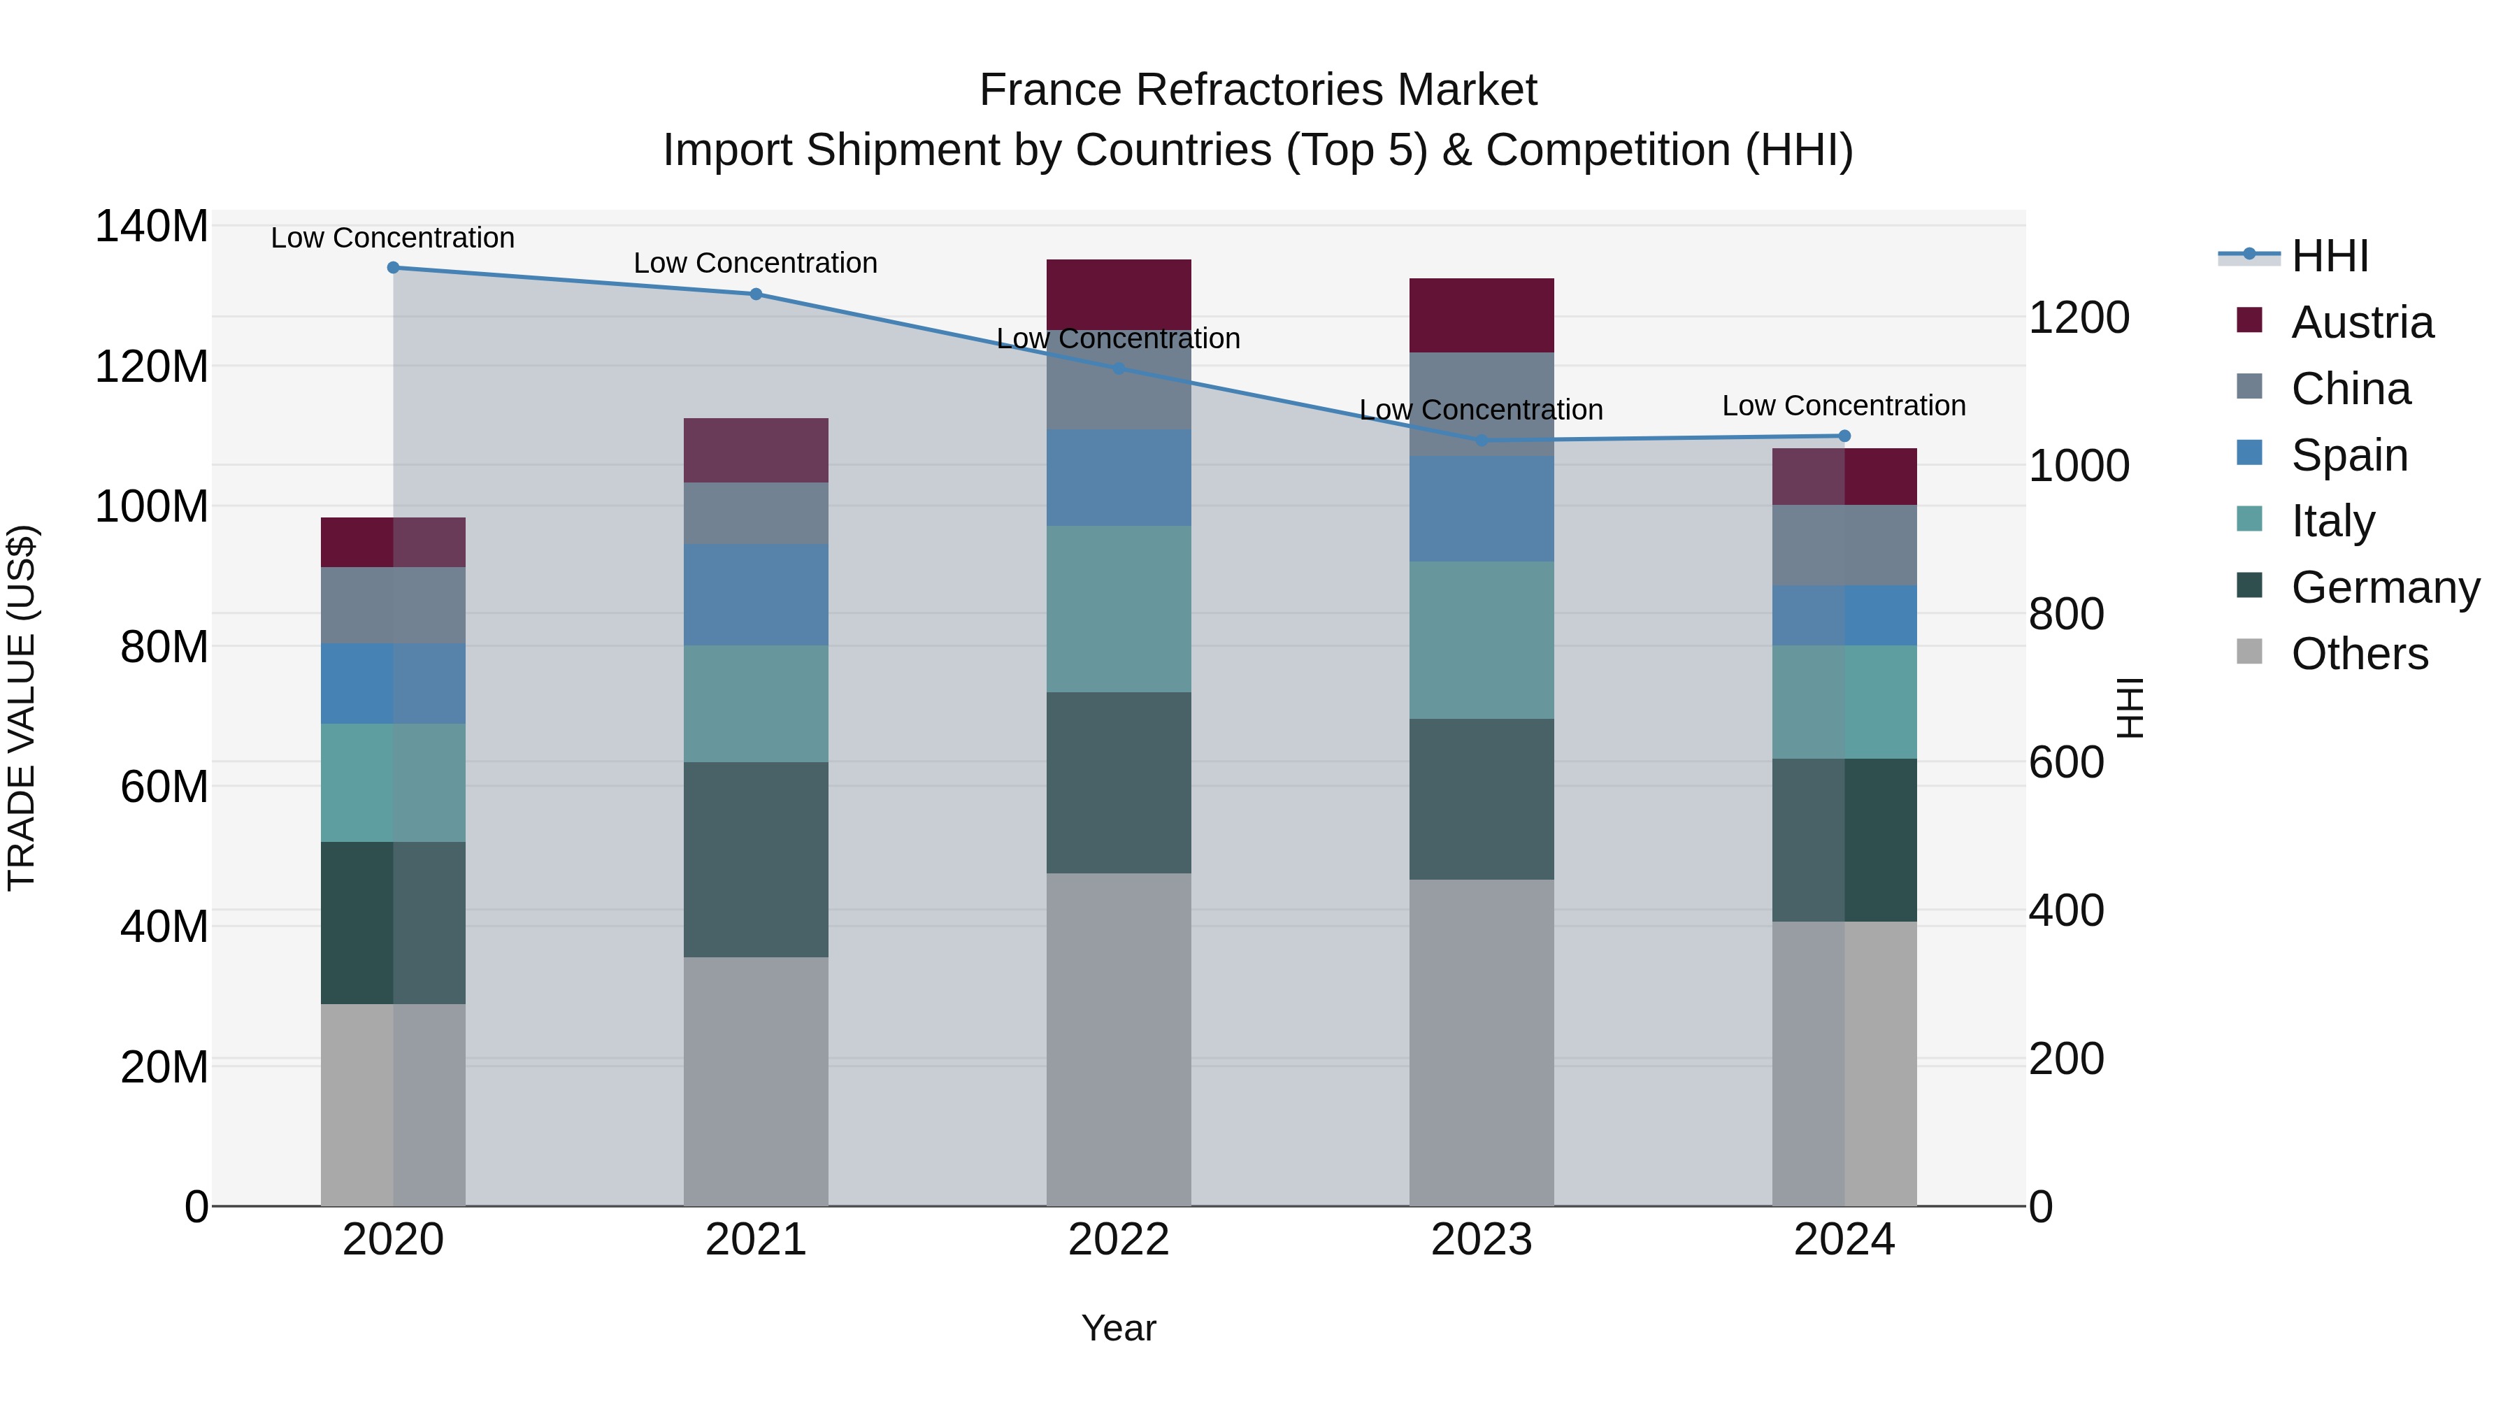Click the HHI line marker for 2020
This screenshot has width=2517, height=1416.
(x=393, y=268)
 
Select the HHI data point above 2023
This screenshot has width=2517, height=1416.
(x=1482, y=441)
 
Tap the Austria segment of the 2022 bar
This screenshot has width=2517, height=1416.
(x=1119, y=293)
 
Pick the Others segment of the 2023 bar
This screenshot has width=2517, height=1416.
(x=1482, y=1042)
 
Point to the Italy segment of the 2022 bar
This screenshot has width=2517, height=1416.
(x=1119, y=609)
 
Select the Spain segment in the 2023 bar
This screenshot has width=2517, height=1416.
(x=1482, y=508)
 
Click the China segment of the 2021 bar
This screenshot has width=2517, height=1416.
(x=755, y=513)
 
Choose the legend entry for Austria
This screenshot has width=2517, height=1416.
(x=2362, y=322)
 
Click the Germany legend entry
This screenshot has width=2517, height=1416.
(x=2384, y=587)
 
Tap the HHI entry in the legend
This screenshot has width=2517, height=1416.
(x=2330, y=256)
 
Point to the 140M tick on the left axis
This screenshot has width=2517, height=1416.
(x=152, y=227)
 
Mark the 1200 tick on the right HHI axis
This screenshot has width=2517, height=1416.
(x=2079, y=317)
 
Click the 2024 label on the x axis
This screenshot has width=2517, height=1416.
(x=1844, y=1240)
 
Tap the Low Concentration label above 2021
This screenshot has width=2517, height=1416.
(x=755, y=263)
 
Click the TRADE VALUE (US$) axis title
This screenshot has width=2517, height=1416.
(x=22, y=708)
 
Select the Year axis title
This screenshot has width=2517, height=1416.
(x=1119, y=1328)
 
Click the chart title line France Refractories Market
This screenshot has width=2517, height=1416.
(x=1258, y=90)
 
